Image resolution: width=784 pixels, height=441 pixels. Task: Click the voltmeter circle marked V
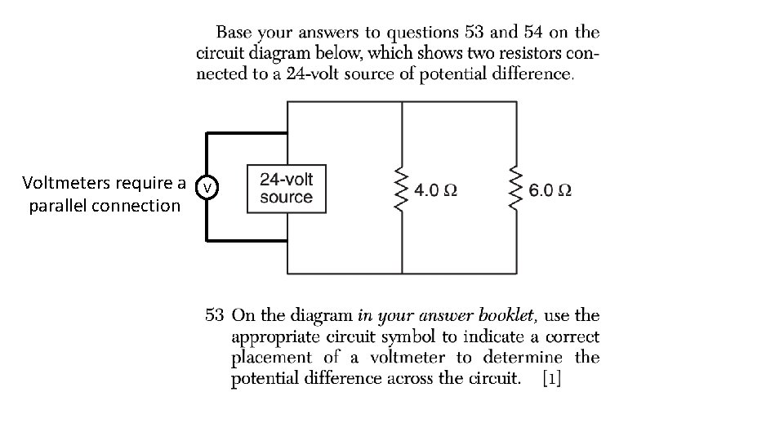click(x=209, y=189)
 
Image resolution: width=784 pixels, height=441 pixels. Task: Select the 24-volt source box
click(x=286, y=189)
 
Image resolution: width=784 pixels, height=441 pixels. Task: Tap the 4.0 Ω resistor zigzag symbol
click(x=401, y=189)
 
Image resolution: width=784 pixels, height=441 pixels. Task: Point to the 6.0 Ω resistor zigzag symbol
click(x=515, y=189)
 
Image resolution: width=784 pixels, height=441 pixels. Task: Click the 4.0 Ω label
click(x=436, y=190)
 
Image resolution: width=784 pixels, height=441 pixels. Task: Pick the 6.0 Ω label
click(x=550, y=190)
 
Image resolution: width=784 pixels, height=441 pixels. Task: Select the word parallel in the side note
click(x=59, y=206)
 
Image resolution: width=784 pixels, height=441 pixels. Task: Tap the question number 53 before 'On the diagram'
click(x=215, y=315)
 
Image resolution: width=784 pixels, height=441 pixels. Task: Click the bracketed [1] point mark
click(x=551, y=379)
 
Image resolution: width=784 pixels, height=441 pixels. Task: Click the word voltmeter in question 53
click(x=408, y=358)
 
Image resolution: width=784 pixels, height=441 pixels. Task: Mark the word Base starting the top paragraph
click(x=233, y=33)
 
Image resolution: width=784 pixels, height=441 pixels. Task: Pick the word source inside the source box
click(x=286, y=198)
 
